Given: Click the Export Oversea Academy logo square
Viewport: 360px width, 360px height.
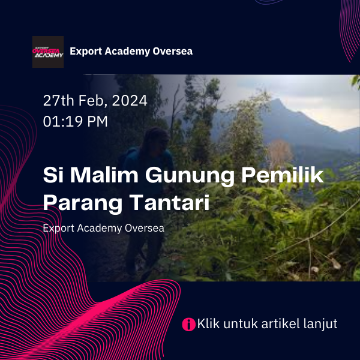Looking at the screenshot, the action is pyautogui.click(x=48, y=52).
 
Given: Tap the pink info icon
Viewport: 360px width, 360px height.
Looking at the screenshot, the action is pyautogui.click(x=189, y=325).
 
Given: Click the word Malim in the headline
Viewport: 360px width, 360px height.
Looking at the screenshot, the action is pyautogui.click(x=104, y=175).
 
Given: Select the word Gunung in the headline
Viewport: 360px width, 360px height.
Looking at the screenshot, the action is pyautogui.click(x=190, y=176).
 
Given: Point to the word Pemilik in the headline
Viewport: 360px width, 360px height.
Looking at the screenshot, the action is pyautogui.click(x=283, y=175).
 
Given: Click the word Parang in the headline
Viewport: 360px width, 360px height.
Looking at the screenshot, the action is pyautogui.click(x=83, y=203).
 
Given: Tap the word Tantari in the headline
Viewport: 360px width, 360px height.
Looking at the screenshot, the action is pyautogui.click(x=169, y=202).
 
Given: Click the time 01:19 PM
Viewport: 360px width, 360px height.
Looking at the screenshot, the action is pyautogui.click(x=76, y=121).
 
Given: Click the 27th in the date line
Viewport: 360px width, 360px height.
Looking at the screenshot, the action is pyautogui.click(x=58, y=101).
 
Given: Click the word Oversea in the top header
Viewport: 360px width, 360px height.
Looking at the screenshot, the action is pyautogui.click(x=172, y=51).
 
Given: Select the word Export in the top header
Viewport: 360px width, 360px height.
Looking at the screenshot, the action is pyautogui.click(x=86, y=52).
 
